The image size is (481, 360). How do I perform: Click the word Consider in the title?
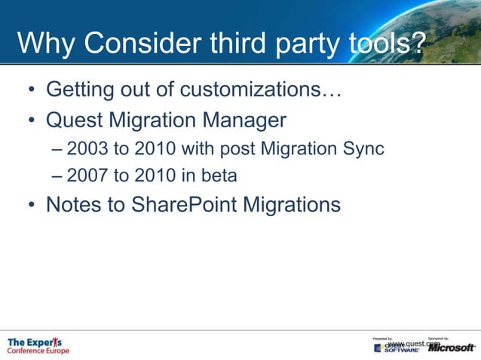pyautogui.click(x=140, y=43)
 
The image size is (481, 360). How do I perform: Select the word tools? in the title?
pyautogui.click(x=385, y=43)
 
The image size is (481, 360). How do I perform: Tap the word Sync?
pyautogui.click(x=365, y=148)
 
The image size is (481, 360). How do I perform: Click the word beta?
pyautogui.click(x=219, y=176)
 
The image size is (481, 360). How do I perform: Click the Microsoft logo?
pyautogui.click(x=451, y=347)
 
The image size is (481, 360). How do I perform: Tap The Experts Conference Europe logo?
pyautogui.click(x=38, y=346)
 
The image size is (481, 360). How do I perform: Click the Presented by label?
pyautogui.click(x=383, y=339)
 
